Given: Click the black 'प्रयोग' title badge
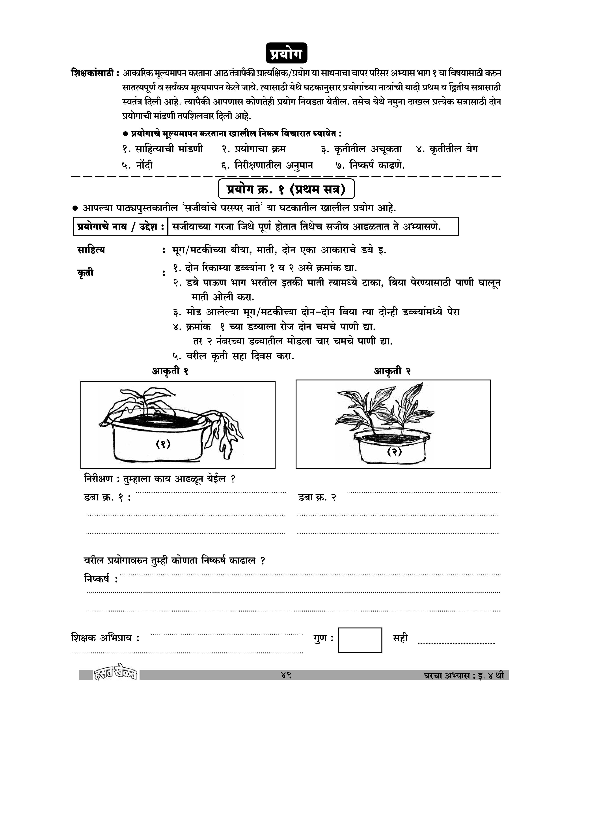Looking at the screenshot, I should point(287,53).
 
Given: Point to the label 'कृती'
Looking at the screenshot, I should point(86,273).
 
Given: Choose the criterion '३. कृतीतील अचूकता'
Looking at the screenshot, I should point(362,149).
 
